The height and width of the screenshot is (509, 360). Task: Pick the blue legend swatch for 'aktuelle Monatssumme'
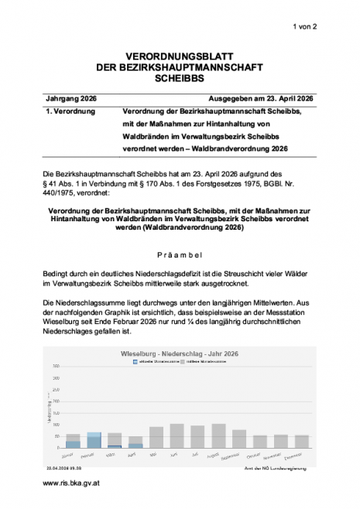coord(135,361)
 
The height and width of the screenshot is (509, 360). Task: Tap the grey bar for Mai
coord(156,437)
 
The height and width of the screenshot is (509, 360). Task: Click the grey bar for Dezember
coord(302,441)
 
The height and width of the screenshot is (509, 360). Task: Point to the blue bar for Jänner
coord(73,444)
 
